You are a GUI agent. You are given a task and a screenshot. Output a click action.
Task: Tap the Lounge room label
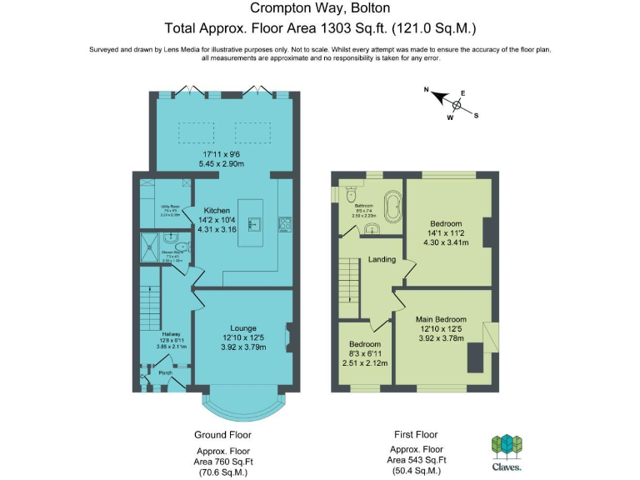coord(243,327)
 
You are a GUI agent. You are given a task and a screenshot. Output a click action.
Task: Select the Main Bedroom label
coord(442,319)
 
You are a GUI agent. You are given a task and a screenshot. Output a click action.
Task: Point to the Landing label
coord(382,260)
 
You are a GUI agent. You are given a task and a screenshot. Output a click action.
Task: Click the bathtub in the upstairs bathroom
coord(390,205)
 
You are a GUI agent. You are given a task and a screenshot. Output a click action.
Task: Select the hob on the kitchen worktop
coord(284,222)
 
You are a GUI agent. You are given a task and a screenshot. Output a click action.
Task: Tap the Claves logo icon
coord(506,445)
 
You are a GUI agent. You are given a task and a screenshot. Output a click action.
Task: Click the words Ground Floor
coord(222,434)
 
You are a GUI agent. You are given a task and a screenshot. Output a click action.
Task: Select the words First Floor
coord(415,434)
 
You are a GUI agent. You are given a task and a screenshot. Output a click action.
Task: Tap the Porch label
coord(165,372)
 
